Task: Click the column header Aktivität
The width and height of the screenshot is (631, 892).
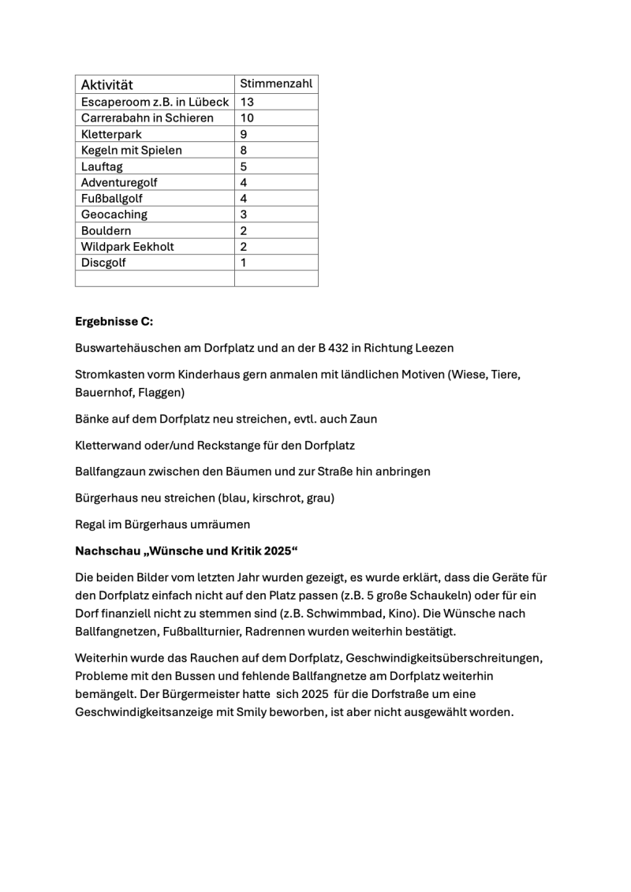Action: click(107, 84)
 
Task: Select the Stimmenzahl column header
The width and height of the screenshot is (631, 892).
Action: click(276, 84)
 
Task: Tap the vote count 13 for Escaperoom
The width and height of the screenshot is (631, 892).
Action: click(247, 102)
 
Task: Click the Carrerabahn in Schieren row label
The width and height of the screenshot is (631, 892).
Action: click(147, 118)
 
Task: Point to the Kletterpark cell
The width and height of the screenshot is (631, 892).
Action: click(111, 134)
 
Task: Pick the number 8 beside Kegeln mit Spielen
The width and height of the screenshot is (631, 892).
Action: click(244, 150)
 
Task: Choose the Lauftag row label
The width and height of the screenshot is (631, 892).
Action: click(102, 166)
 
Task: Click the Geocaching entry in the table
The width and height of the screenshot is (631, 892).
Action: click(114, 215)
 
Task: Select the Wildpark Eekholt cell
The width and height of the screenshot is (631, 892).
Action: click(128, 246)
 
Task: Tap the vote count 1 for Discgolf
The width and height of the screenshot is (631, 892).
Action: click(243, 263)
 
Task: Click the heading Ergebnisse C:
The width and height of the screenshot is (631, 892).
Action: click(114, 321)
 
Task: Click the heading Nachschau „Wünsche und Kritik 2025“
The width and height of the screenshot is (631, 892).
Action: click(187, 551)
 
